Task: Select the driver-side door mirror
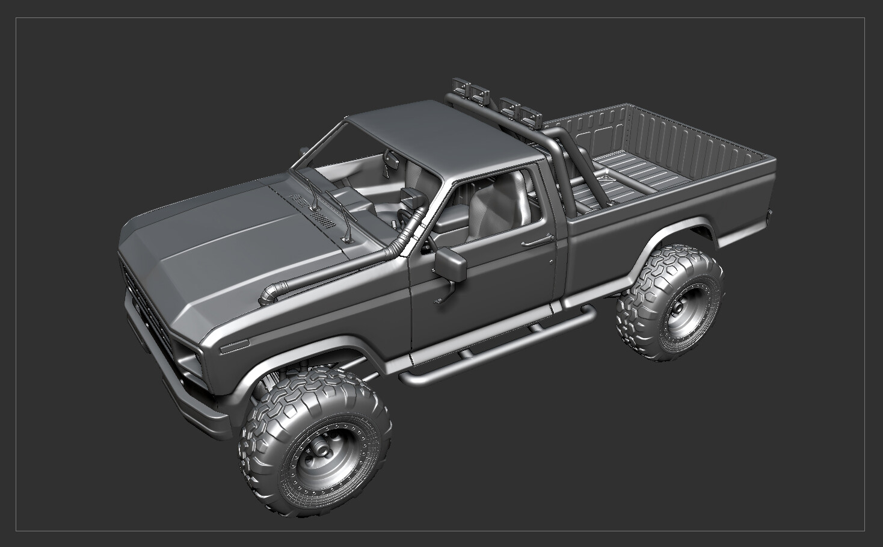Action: point(451,265)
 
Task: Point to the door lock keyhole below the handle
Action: point(552,261)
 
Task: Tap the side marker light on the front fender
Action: point(235,347)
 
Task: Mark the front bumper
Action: point(180,397)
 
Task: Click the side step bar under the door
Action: point(493,346)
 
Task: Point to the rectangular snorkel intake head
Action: point(413,196)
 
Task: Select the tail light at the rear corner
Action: point(770,214)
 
